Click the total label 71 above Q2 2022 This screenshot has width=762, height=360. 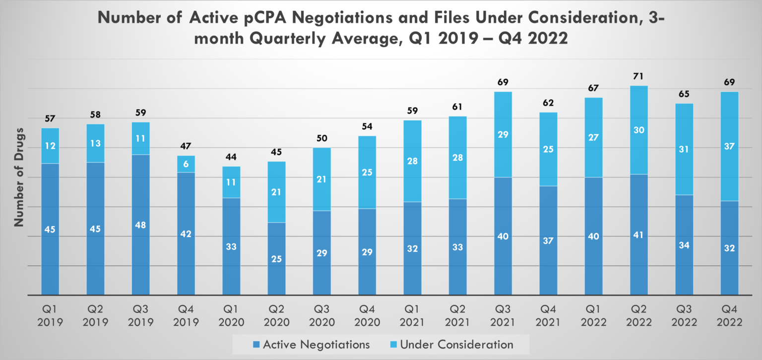pyautogui.click(x=638, y=76)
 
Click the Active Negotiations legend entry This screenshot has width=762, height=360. pyautogui.click(x=311, y=344)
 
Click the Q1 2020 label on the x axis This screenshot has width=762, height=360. pyautogui.click(x=231, y=316)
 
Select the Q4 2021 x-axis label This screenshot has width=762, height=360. pyautogui.click(x=548, y=316)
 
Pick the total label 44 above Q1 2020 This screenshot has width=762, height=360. pyautogui.click(x=231, y=157)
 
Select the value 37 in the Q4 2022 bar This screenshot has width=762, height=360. pyautogui.click(x=729, y=146)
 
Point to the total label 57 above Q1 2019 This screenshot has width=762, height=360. pyautogui.click(x=50, y=119)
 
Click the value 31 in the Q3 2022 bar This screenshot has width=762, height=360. pyautogui.click(x=684, y=149)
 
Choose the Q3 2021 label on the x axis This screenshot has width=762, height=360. pyautogui.click(x=503, y=316)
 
